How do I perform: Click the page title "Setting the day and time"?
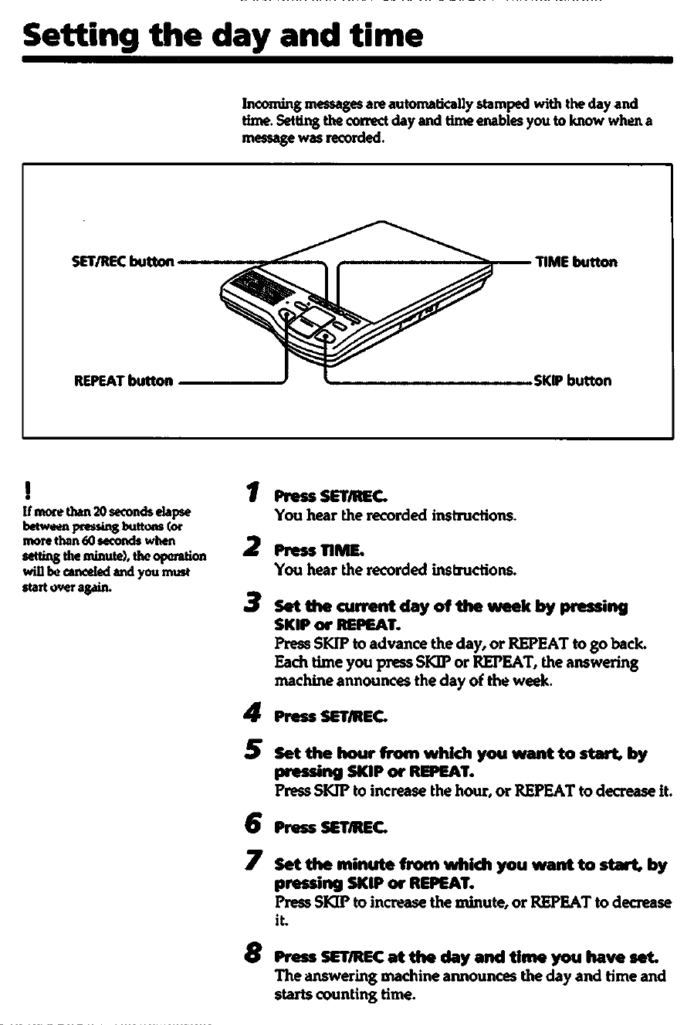[x=223, y=36]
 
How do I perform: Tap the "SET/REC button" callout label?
[x=122, y=262]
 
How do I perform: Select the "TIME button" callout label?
[x=577, y=262]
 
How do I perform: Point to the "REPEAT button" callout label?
[x=124, y=381]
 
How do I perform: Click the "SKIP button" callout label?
[x=572, y=381]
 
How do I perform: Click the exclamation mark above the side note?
[x=27, y=489]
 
